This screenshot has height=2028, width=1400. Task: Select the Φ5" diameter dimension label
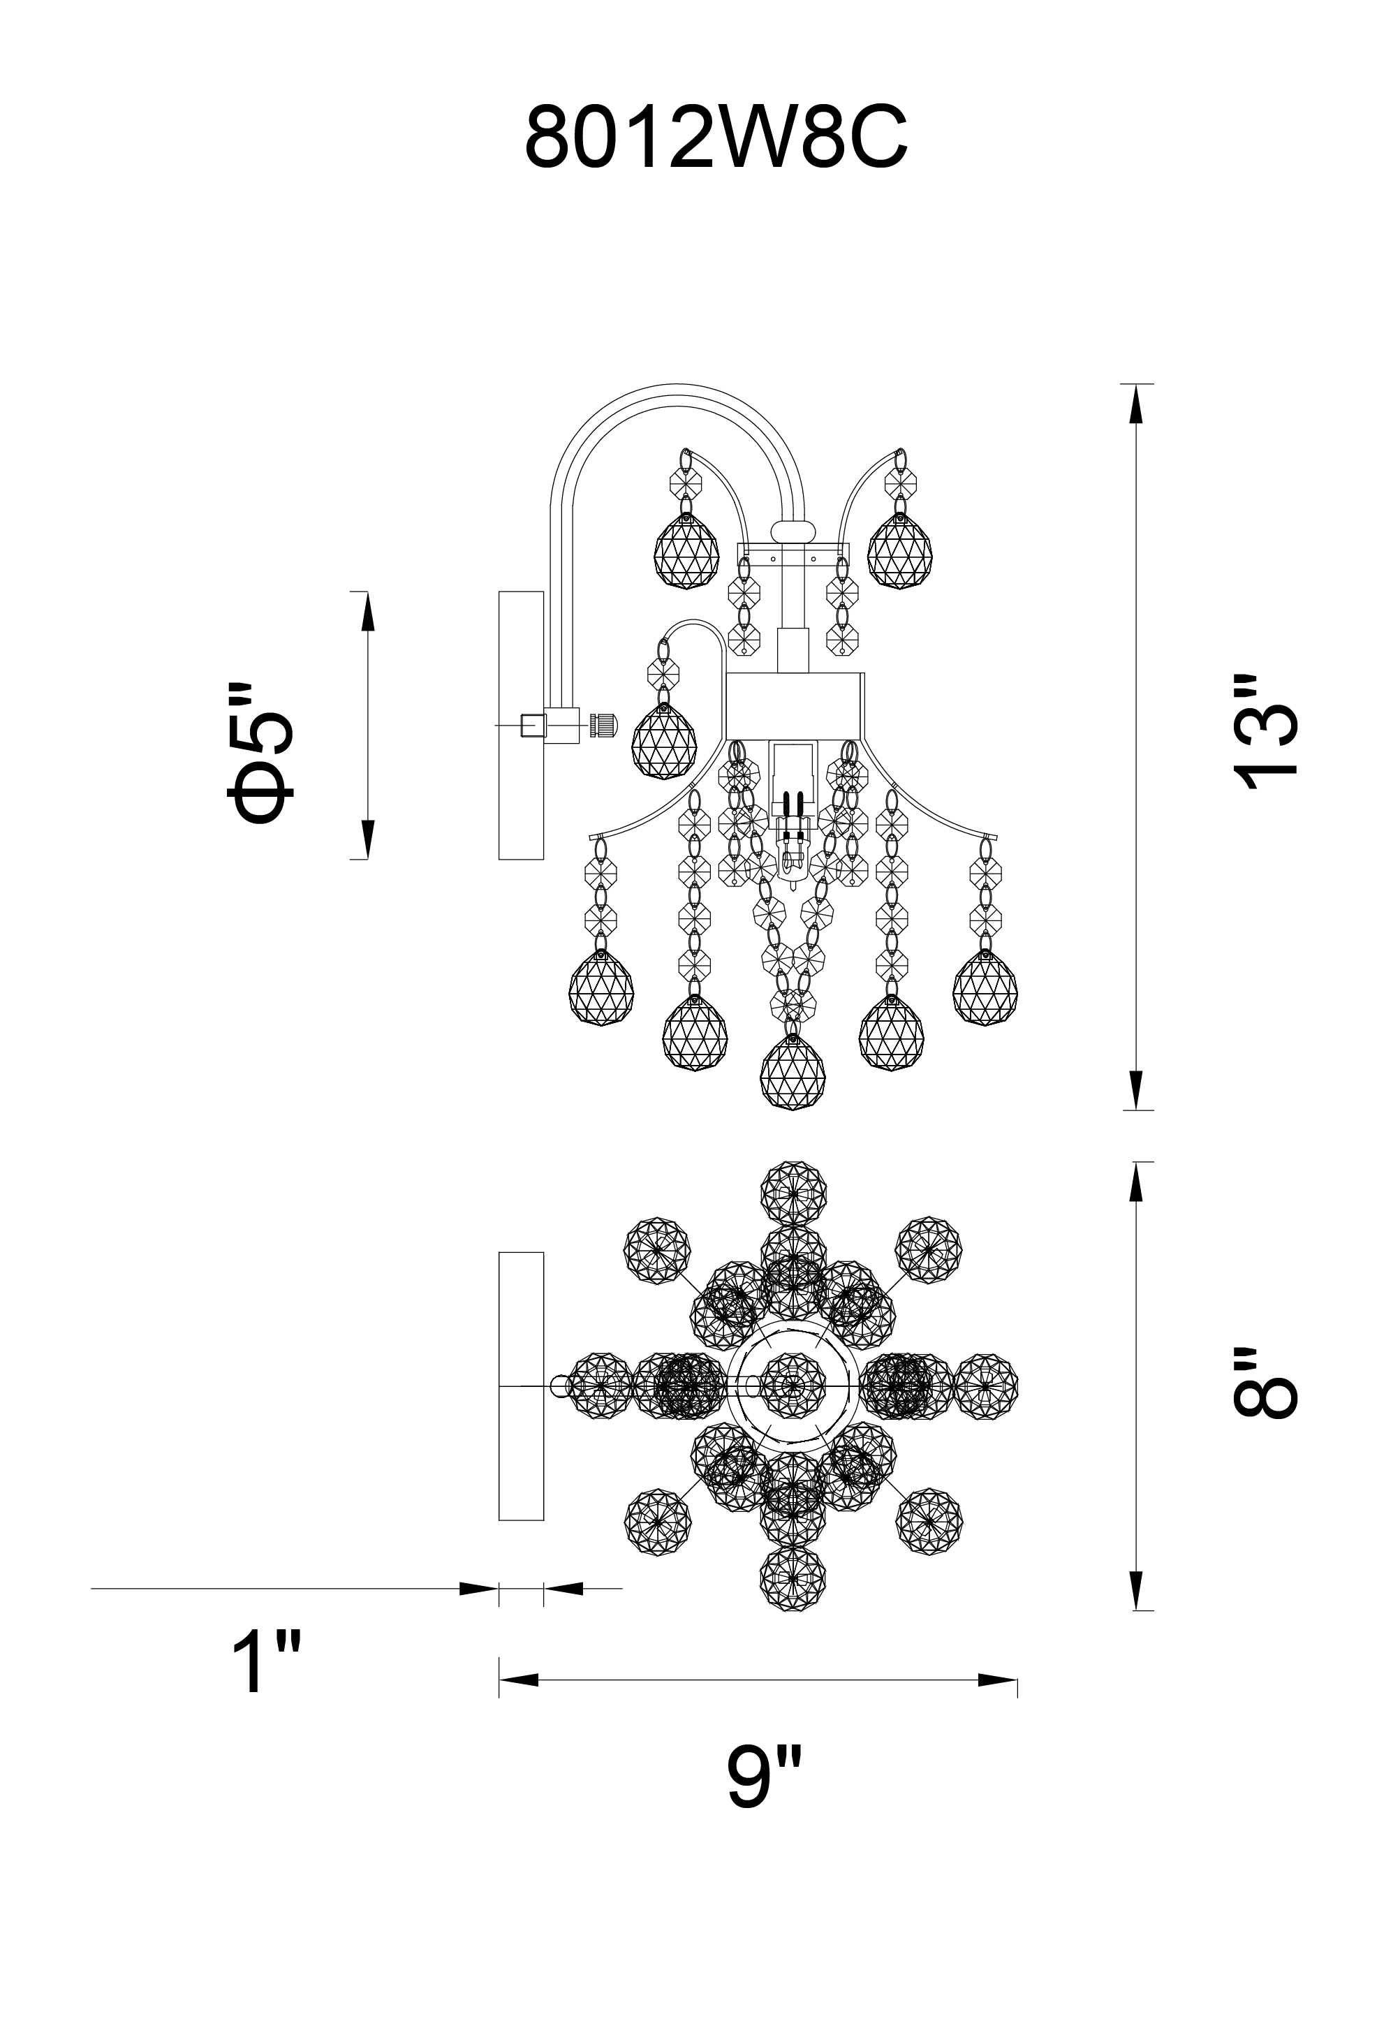260,754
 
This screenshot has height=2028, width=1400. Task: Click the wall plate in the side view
521,726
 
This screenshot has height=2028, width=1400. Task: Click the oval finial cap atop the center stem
792,531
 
